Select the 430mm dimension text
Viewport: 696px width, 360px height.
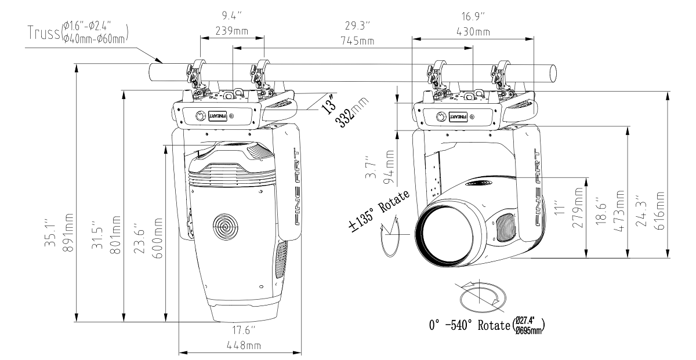[x=473, y=30]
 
